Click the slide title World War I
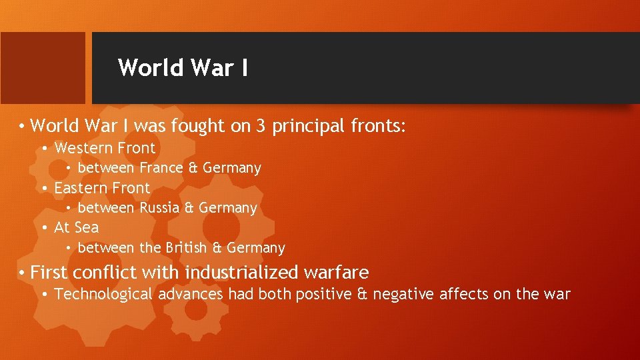pos(183,68)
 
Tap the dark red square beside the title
pos(43,68)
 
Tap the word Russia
pos(159,208)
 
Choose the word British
pos(187,248)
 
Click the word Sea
pos(86,228)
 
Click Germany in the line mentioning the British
pos(256,248)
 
